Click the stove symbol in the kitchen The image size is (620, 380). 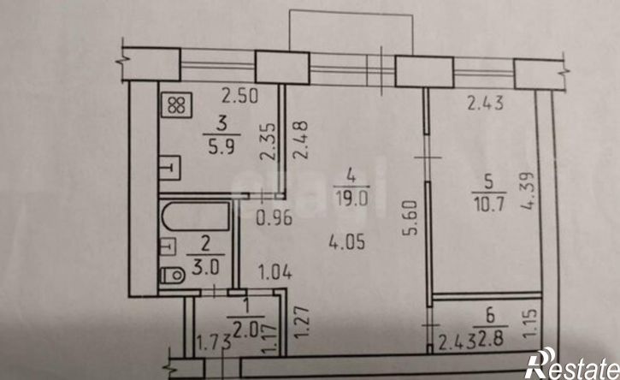177,105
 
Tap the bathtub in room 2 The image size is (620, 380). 195,217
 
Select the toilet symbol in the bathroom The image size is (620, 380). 173,275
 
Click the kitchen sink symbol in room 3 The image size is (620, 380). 170,168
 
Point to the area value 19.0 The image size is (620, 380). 351,197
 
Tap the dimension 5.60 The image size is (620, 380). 410,218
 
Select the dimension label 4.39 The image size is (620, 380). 528,191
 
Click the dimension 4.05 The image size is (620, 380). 347,241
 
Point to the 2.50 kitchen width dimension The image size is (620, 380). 239,96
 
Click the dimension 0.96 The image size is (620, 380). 274,218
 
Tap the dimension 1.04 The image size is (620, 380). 275,272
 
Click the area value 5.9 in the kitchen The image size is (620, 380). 221,147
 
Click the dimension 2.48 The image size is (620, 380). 300,140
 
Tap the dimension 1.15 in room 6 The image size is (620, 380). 529,324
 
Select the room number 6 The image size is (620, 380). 490,316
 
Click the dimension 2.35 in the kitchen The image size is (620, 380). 268,141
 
